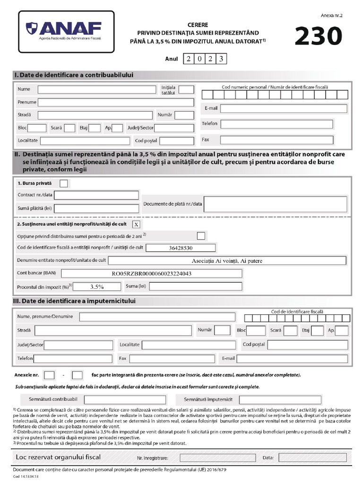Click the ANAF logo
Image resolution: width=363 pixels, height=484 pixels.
pyautogui.click(x=66, y=31)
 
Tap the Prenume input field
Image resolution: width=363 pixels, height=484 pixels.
pyautogui.click(x=116, y=102)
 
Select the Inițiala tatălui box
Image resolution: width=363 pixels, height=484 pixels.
pyautogui.click(x=186, y=89)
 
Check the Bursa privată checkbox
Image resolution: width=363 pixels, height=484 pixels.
pyautogui.click(x=64, y=183)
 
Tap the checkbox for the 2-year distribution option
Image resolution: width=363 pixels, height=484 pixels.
pyautogui.click(x=201, y=235)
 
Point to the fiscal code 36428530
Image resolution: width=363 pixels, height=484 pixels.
pyautogui.click(x=181, y=248)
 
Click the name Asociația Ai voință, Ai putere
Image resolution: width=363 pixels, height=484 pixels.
pyautogui.click(x=227, y=260)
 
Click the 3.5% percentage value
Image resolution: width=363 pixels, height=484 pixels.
pyautogui.click(x=97, y=286)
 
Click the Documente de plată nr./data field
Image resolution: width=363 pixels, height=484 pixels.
pyautogui.click(x=275, y=204)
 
